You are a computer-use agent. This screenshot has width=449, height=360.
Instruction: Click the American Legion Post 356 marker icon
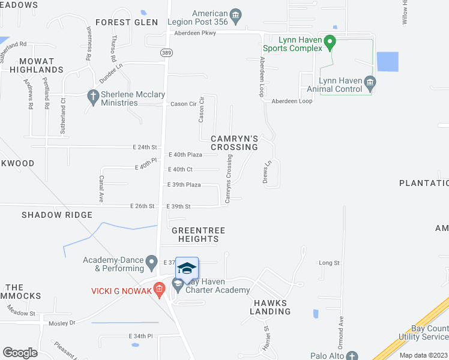pos(235,14)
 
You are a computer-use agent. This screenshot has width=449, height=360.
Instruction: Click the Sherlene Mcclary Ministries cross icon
pos(92,95)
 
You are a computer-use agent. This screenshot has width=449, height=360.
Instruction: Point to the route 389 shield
pos(165,53)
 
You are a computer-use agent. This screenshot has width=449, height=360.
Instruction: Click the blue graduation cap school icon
pos(187,269)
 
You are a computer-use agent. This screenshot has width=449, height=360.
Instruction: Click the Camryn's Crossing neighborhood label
pos(234,143)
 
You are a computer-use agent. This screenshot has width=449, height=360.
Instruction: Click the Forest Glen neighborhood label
pos(126,22)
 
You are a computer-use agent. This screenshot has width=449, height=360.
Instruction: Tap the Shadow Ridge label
pos(57,215)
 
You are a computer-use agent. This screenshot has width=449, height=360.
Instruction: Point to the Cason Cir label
pos(184,104)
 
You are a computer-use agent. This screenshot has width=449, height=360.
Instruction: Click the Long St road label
pos(329,263)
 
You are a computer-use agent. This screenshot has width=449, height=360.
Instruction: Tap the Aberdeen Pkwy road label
pos(194,34)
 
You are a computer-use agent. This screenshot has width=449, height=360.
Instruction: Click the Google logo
pos(20,353)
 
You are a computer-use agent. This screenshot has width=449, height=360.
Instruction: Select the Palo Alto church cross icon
pos(352,356)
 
